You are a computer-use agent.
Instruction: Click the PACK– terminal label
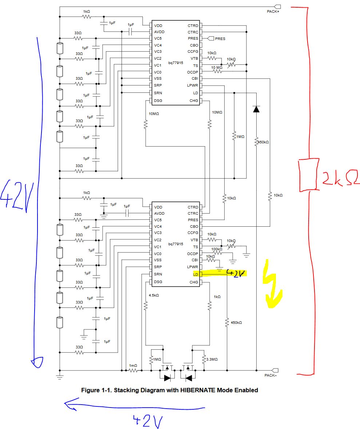270,376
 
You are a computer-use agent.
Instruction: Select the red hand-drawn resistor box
309,175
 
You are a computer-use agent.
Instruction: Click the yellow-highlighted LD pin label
196,274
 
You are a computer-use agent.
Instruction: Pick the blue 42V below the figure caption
147,421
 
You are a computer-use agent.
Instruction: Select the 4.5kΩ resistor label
154,295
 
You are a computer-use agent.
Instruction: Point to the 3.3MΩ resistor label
212,360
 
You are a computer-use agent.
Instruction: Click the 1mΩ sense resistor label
133,365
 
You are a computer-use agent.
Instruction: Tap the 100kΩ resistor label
217,249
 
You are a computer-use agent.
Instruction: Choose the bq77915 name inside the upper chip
175,63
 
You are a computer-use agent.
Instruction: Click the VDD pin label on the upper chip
158,25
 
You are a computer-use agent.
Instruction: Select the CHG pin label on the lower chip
194,282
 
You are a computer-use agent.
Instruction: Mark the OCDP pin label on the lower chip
193,254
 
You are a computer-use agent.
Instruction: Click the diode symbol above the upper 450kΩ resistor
256,108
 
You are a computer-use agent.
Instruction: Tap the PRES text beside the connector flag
220,39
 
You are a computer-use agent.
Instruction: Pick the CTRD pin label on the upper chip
193,25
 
